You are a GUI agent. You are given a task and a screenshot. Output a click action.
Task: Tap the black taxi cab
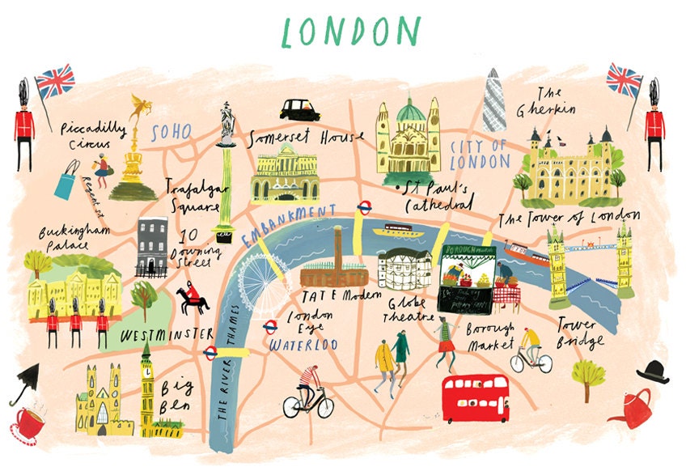300,109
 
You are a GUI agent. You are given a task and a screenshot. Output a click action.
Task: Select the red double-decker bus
475,397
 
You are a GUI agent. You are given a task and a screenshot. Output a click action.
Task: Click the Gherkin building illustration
494,101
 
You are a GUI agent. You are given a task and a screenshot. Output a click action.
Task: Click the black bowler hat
652,371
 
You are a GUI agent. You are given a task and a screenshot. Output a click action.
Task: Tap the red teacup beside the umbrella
31,421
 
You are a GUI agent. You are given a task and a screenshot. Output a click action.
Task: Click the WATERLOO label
303,345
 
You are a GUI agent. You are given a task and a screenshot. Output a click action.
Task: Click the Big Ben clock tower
146,388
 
